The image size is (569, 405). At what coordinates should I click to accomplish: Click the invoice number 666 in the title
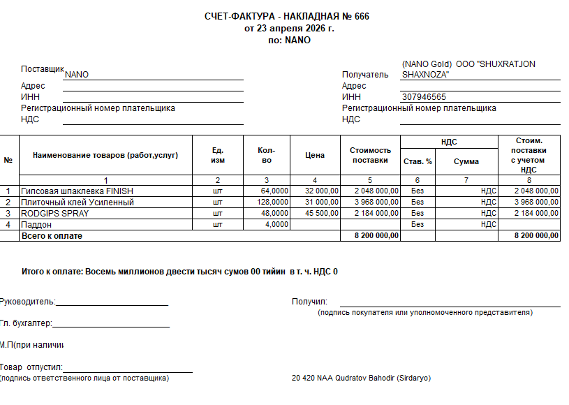pos(362,17)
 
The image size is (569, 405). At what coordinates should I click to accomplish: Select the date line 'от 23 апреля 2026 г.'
pos(289,29)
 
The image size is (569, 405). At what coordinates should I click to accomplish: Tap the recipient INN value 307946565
pos(424,97)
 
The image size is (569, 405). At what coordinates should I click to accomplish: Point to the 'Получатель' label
pos(365,75)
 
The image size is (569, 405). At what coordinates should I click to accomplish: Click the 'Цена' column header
pos(315,155)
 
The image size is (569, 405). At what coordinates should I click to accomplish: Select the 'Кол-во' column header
pos(266,155)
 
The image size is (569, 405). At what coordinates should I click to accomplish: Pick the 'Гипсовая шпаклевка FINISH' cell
pos(77,191)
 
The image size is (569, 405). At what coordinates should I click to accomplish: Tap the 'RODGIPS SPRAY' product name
pos(55,213)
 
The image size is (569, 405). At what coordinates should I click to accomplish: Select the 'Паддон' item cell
pos(38,224)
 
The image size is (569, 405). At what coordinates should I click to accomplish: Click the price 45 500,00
pos(322,213)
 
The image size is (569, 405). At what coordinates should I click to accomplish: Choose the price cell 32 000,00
pos(322,191)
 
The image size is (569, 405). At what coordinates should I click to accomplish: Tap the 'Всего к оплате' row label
pos(52,236)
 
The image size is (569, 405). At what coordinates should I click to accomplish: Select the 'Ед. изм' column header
pos(218,155)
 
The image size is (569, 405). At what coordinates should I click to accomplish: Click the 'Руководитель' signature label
pos(28,302)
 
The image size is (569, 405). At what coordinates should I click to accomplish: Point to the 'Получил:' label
pos(309,302)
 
